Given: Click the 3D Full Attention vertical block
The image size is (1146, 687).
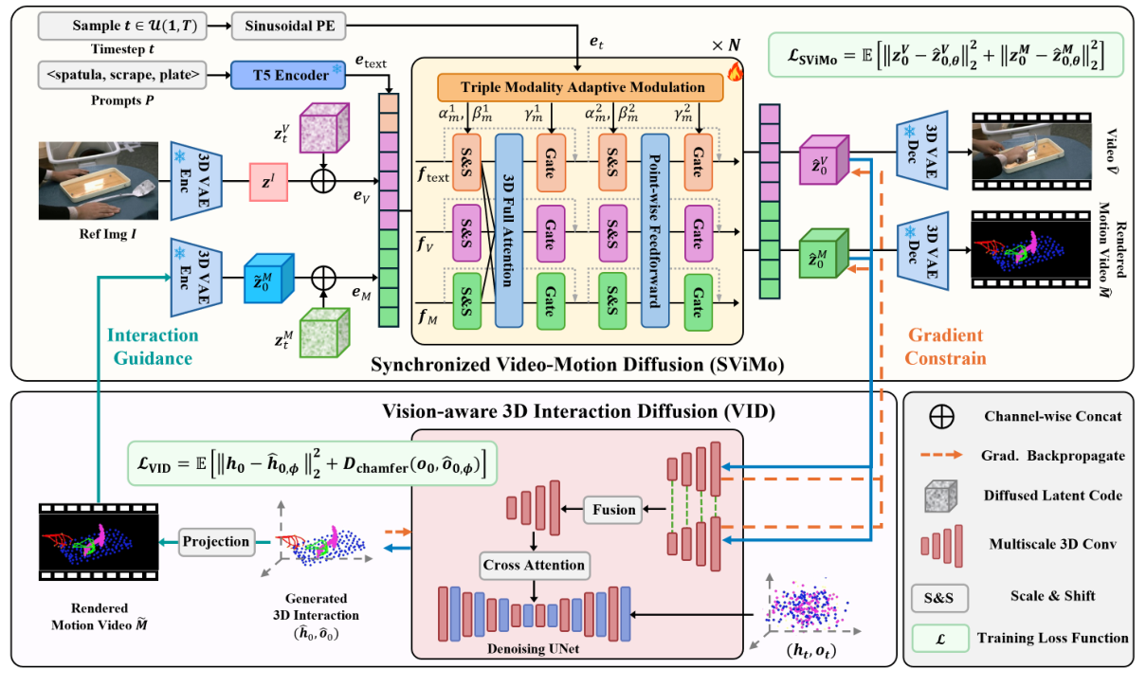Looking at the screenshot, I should (x=509, y=230).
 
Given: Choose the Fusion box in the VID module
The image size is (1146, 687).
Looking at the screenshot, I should (x=613, y=509).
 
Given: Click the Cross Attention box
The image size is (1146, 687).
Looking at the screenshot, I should (x=534, y=565).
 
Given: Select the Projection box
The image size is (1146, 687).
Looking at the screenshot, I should (x=217, y=541).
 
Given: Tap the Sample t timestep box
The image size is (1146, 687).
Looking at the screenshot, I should (x=120, y=25).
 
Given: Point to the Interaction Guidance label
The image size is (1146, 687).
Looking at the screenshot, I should (x=152, y=346).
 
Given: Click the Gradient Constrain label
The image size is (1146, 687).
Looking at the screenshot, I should (x=945, y=346).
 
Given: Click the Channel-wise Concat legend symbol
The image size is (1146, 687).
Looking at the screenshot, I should (x=937, y=416).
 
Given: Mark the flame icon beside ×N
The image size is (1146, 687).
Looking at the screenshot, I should (x=735, y=72).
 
